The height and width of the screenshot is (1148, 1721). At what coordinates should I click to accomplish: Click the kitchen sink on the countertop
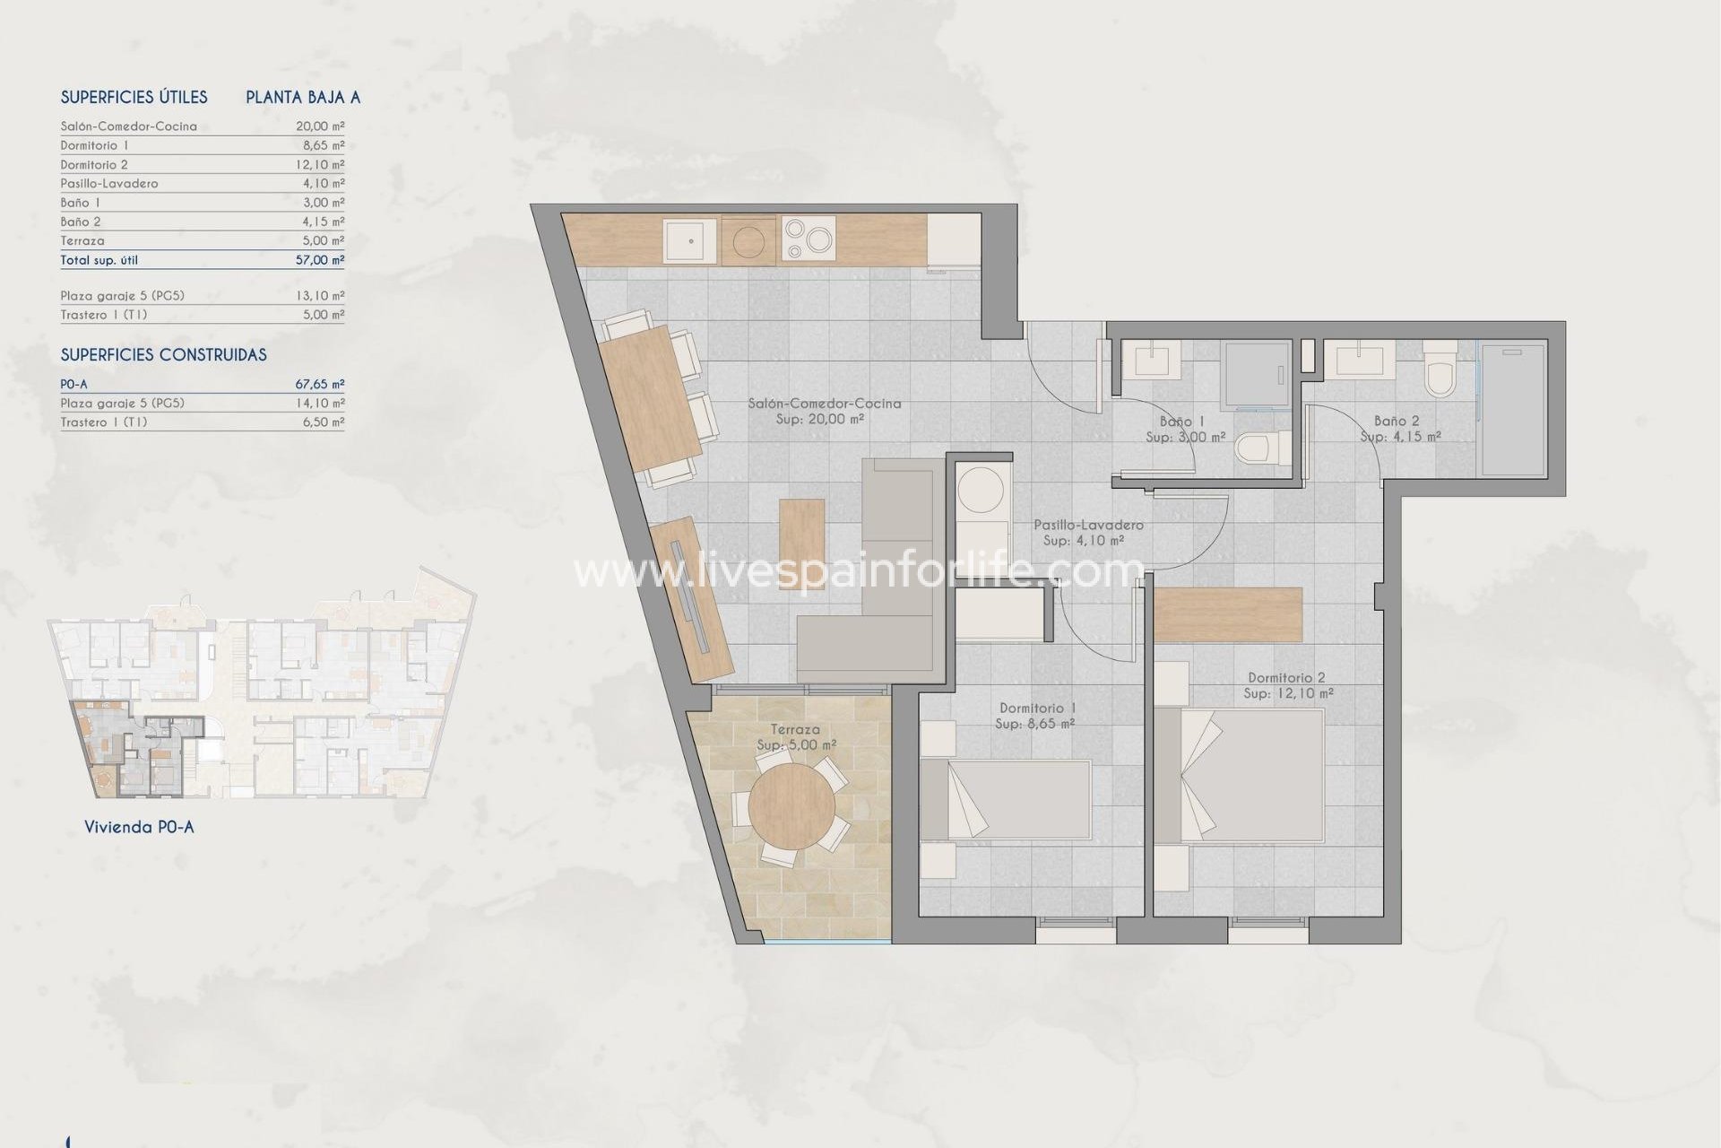pyautogui.click(x=689, y=240)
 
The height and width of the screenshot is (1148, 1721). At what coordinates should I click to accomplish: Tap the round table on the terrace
pyautogui.click(x=790, y=806)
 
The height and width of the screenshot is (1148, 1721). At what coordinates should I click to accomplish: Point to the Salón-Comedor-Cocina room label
pyautogui.click(x=824, y=404)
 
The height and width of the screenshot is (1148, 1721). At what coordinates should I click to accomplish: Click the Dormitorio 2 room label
pyautogui.click(x=1286, y=678)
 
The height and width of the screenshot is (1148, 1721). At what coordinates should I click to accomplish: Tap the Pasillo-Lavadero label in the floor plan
pyautogui.click(x=1087, y=525)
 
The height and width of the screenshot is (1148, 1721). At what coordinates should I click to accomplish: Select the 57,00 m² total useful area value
pyautogui.click(x=320, y=260)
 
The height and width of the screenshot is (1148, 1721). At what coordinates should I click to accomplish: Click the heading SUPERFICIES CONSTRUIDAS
pyautogui.click(x=163, y=355)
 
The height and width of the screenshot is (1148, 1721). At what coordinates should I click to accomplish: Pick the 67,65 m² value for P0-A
pyautogui.click(x=320, y=384)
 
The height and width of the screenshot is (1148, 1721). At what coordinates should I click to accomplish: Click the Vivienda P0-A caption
pyautogui.click(x=139, y=827)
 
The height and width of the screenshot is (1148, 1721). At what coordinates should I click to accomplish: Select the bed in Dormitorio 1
pyautogui.click(x=1006, y=800)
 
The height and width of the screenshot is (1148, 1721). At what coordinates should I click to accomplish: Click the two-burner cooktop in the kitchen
pyautogui.click(x=808, y=239)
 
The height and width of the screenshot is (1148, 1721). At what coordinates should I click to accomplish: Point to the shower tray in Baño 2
pyautogui.click(x=1512, y=409)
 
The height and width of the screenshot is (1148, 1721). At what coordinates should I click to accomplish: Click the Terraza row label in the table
pyautogui.click(x=82, y=240)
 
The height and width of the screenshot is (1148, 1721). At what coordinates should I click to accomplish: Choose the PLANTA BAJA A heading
pyautogui.click(x=303, y=98)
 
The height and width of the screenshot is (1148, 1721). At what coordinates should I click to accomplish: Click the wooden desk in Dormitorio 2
pyautogui.click(x=1227, y=614)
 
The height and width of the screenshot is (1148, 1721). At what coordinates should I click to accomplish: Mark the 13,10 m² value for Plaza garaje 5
pyautogui.click(x=320, y=295)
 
